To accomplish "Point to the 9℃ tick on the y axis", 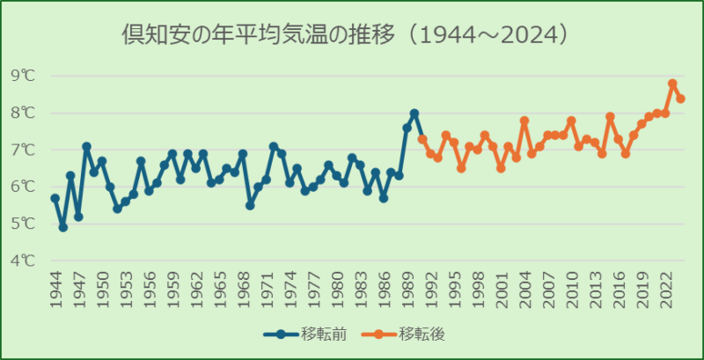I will [x=24, y=76].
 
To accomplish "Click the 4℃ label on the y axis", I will [x=24, y=261].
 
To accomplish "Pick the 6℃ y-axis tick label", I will [x=24, y=187].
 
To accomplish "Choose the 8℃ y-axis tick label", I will [x=24, y=113].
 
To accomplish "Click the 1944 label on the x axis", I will [x=55, y=286].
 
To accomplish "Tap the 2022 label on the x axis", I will [x=664, y=286].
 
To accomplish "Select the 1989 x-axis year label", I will [x=407, y=286].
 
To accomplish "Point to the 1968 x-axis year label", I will [x=243, y=286].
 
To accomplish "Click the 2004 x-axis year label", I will [x=524, y=286].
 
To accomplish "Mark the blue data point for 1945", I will [x=63, y=227].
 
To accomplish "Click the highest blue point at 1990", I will [x=414, y=113].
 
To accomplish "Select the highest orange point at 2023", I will [x=672, y=84].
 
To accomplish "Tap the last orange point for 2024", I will [x=680, y=99].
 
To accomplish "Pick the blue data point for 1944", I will [x=55, y=198].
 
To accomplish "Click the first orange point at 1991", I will [x=422, y=139].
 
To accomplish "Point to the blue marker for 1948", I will [x=86, y=146].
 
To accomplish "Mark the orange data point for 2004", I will [x=524, y=121].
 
